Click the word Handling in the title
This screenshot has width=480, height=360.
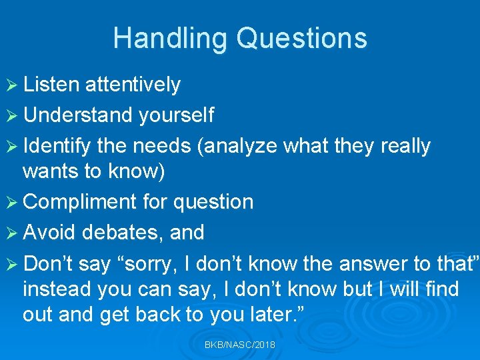[171, 38]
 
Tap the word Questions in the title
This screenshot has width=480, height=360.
[302, 38]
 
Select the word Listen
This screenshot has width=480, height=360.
[51, 85]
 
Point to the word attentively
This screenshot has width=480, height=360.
[133, 85]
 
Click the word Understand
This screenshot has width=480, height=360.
[78, 115]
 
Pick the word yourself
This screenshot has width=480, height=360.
[176, 115]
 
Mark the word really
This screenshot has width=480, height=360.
[405, 146]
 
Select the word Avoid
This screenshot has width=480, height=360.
[51, 233]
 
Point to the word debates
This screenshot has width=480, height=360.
[124, 233]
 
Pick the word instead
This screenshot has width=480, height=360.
[57, 289]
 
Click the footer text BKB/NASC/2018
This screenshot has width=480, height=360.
[240, 345]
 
